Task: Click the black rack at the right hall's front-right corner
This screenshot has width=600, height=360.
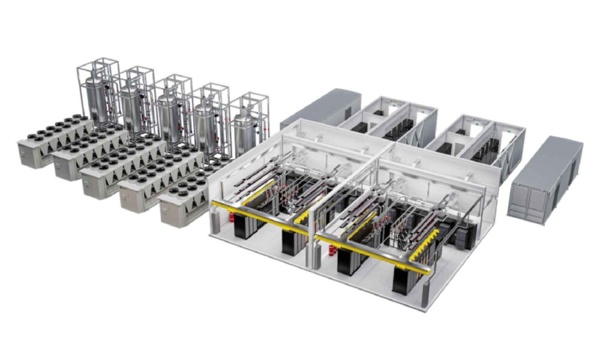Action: (405, 278)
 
